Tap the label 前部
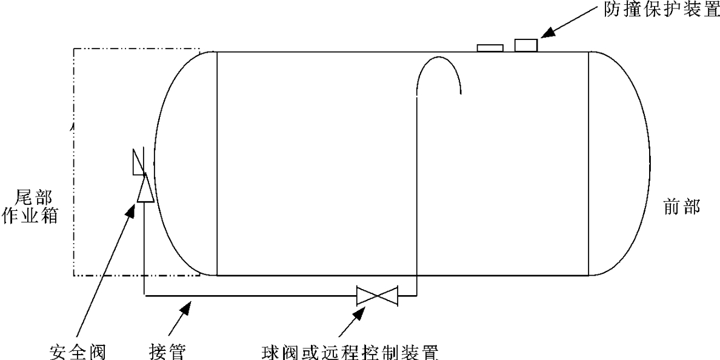pyautogui.click(x=679, y=208)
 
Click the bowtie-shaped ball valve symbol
pyautogui.click(x=376, y=296)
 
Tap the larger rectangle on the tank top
pyautogui.click(x=526, y=45)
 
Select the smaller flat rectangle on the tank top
pyautogui.click(x=490, y=48)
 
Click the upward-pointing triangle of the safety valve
pyautogui.click(x=145, y=188)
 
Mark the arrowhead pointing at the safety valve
pyautogui.click(x=132, y=209)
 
